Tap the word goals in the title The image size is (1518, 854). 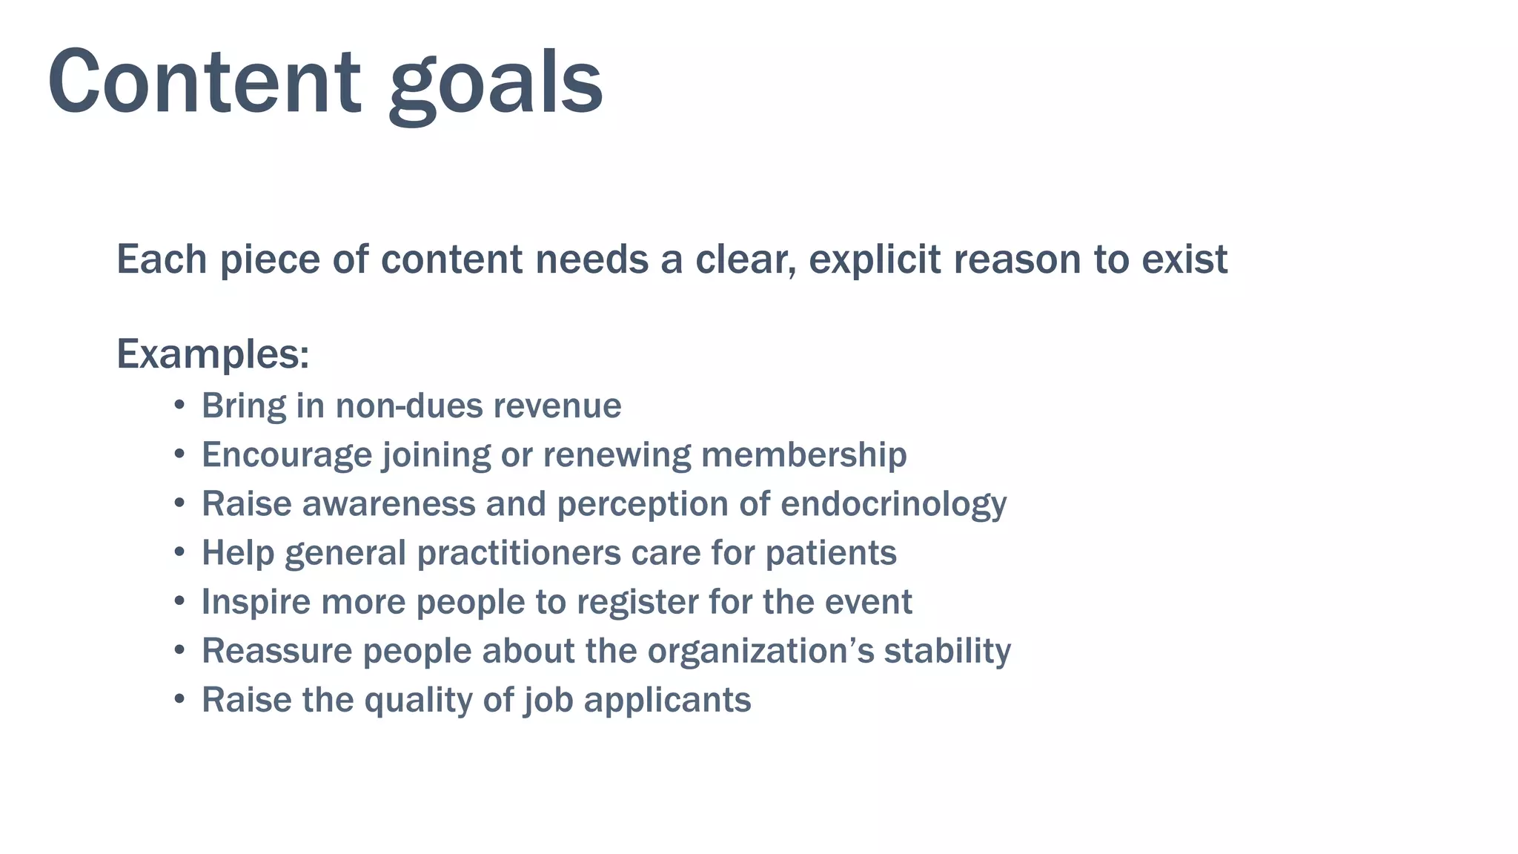click(x=495, y=85)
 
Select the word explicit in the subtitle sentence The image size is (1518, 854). click(x=874, y=259)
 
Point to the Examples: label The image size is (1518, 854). click(x=213, y=354)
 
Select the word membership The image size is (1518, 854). click(x=803, y=454)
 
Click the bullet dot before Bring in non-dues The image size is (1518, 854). click(x=179, y=406)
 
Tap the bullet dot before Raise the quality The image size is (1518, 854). click(x=179, y=700)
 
